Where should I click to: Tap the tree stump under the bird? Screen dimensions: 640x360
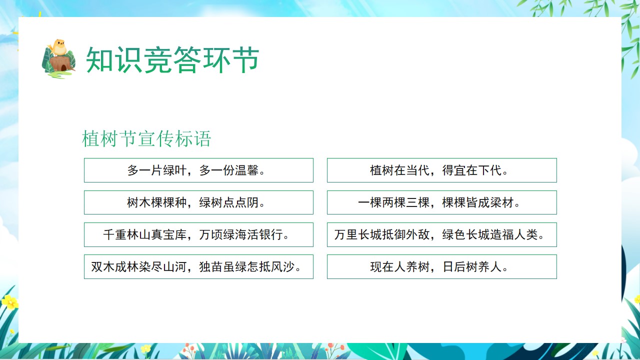[x=60, y=64]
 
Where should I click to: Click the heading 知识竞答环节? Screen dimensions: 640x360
[x=172, y=59]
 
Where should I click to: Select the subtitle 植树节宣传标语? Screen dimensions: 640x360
[x=146, y=139]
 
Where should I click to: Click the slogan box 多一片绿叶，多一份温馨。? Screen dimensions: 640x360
[x=198, y=170]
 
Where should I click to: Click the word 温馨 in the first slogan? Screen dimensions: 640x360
[x=247, y=170]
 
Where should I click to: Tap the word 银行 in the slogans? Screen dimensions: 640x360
[x=271, y=234]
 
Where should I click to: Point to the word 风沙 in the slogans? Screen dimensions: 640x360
[x=283, y=266]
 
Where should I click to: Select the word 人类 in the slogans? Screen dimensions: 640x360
[x=526, y=234]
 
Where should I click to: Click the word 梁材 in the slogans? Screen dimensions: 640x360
[x=502, y=202]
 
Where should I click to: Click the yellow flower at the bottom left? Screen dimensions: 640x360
[x=9, y=302]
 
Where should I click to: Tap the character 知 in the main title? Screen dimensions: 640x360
[x=99, y=59]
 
